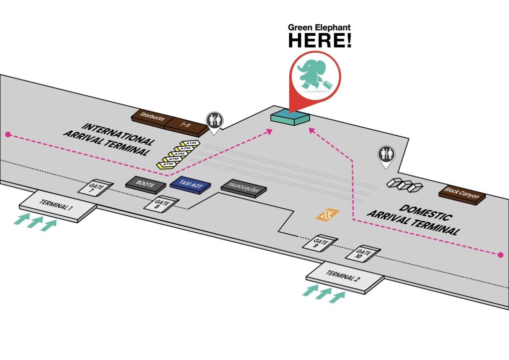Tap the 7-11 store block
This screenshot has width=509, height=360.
[185, 126]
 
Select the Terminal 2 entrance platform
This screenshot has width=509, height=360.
[344, 277]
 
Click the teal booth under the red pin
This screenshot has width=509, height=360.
[290, 117]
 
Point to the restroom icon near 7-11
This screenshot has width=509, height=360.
[215, 121]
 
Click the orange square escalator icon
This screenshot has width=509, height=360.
[327, 214]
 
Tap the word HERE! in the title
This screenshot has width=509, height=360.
[320, 41]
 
